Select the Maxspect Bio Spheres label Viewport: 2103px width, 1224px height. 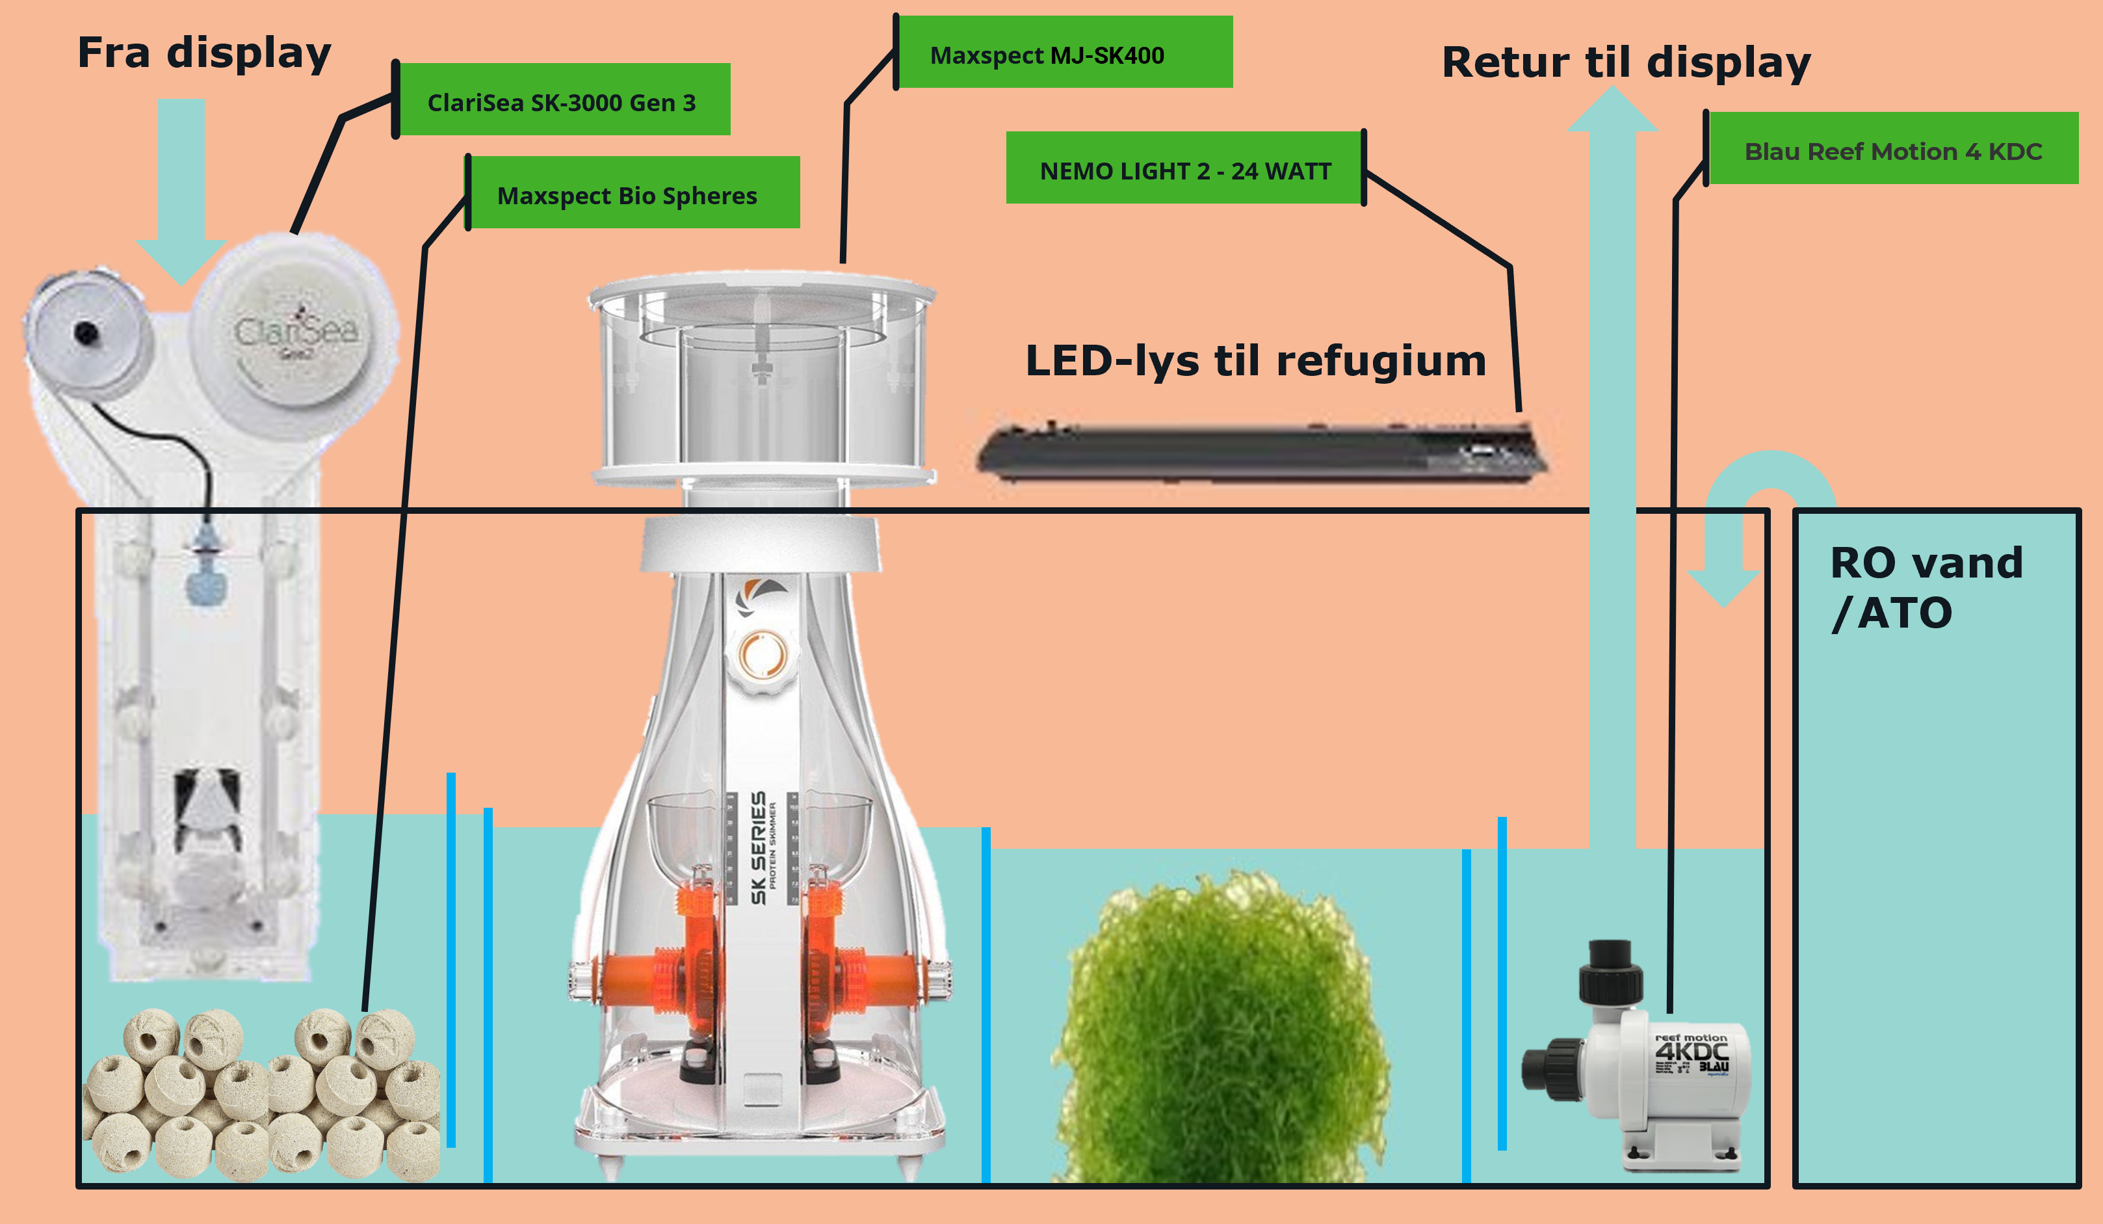(x=627, y=194)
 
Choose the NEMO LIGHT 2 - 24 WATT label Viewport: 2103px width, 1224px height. (x=1185, y=170)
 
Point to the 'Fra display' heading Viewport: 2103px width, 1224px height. (x=205, y=53)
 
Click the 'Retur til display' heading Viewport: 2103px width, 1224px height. (x=1626, y=62)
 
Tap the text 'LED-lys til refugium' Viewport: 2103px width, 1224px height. (x=1255, y=361)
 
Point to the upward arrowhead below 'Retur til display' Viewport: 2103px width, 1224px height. (x=1612, y=113)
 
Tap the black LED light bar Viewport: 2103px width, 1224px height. (x=1260, y=453)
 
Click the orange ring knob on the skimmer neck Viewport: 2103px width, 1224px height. (x=762, y=654)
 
